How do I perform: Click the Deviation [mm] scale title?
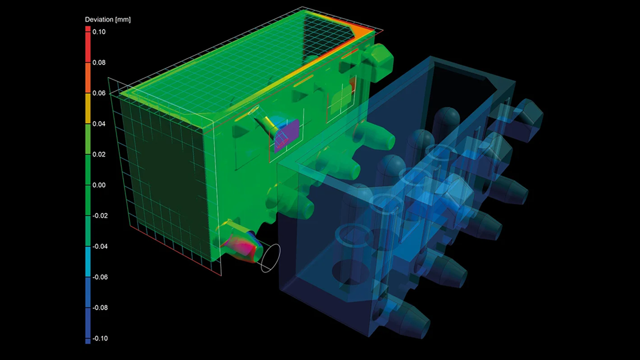coord(108,19)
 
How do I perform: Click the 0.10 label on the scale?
coord(99,32)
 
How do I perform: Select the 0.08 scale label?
coord(99,62)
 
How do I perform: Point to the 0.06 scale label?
coord(99,93)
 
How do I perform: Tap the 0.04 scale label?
coord(99,124)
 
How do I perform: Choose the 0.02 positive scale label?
coord(99,154)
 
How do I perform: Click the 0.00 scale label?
coord(99,185)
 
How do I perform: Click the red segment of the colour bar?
coord(88,44)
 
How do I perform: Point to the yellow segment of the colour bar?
coord(88,108)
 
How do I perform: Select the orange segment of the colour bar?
coord(88,76)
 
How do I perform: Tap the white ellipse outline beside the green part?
coord(271,258)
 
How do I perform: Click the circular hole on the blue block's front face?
coord(345,272)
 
